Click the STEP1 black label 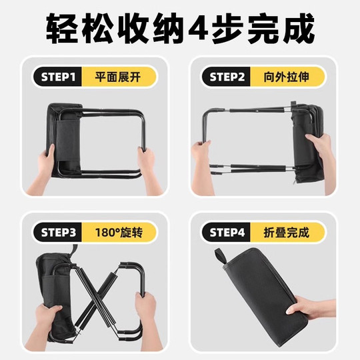coord(59,77)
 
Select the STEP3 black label coord(59,233)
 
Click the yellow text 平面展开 coord(119,77)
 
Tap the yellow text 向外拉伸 coord(289,77)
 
